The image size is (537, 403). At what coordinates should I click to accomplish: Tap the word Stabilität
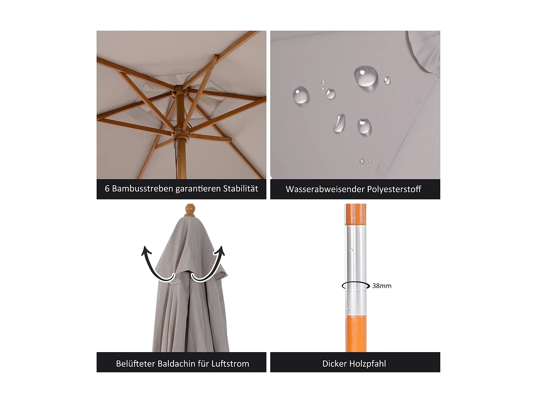pyautogui.click(x=241, y=189)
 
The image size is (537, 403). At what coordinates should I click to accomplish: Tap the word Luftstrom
pyautogui.click(x=230, y=364)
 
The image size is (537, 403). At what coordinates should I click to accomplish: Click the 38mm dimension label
pyautogui.click(x=382, y=286)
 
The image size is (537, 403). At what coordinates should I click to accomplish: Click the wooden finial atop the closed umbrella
pyautogui.click(x=190, y=210)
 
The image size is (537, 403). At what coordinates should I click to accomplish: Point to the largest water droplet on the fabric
pyautogui.click(x=366, y=76)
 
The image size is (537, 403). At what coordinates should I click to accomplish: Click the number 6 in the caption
pyautogui.click(x=107, y=189)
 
